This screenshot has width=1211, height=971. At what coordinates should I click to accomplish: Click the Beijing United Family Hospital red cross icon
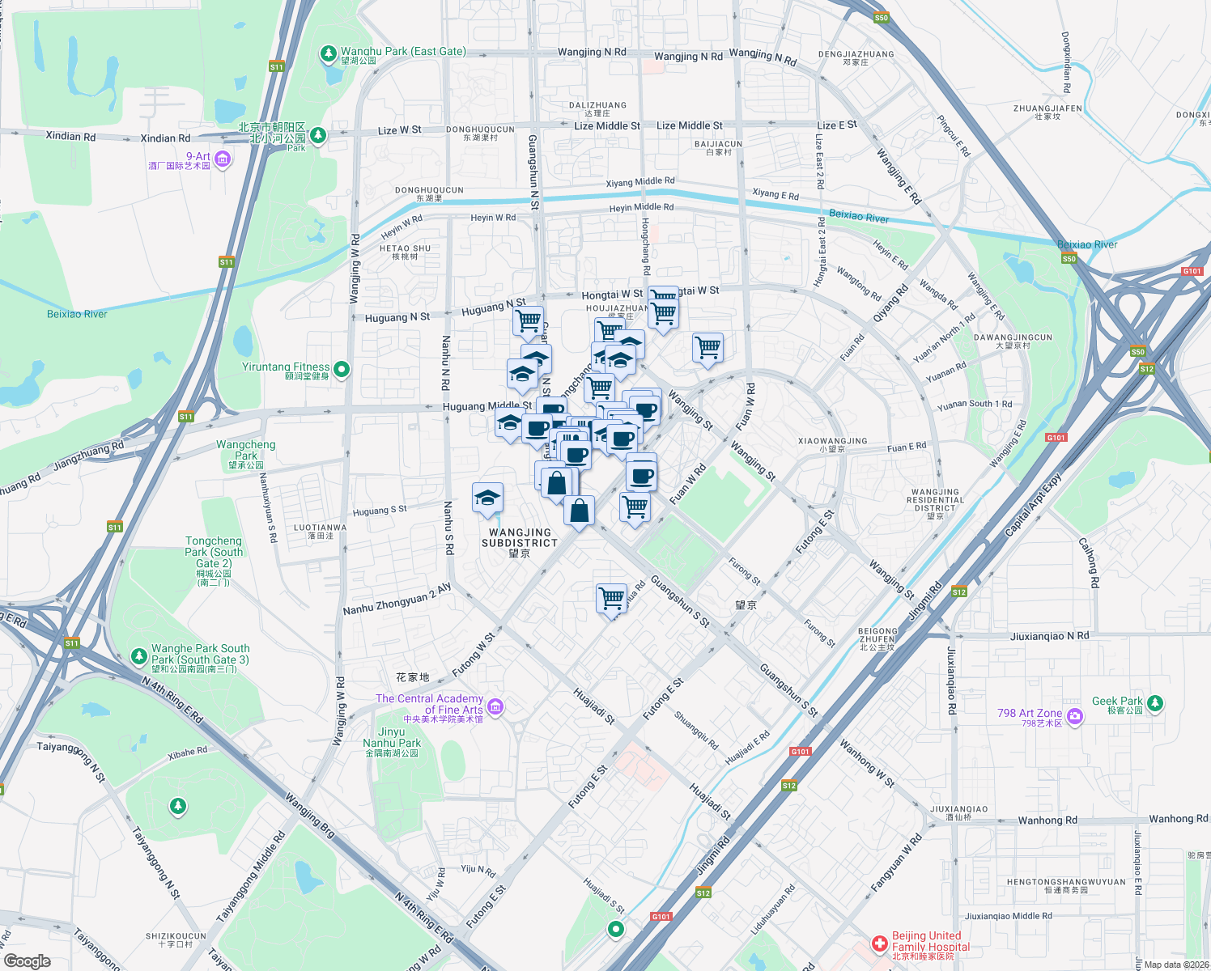pos(879,944)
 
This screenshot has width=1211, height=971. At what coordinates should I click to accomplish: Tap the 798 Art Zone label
pos(1029,714)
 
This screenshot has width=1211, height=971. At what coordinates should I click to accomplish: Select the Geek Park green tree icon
pos(1155,703)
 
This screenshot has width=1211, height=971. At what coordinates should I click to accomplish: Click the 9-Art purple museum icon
pos(223,159)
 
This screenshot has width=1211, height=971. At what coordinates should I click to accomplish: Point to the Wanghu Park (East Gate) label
pos(403,52)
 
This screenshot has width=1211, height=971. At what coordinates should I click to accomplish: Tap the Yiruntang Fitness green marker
pos(342,370)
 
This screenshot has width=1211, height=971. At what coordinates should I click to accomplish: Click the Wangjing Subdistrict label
pos(520,538)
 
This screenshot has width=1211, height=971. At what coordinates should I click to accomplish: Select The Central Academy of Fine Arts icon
pos(496,707)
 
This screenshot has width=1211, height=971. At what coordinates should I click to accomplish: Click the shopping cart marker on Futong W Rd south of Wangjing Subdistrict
pos(611,599)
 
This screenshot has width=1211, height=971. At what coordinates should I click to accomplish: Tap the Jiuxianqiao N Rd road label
pos(1049,636)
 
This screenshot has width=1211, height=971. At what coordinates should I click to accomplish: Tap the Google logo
pos(27,960)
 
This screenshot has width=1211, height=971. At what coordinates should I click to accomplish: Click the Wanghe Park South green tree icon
pos(139,654)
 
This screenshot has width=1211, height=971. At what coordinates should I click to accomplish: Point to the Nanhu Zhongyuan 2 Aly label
pos(397,600)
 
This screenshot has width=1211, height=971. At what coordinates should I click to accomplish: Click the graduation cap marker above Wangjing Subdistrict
pos(487,498)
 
